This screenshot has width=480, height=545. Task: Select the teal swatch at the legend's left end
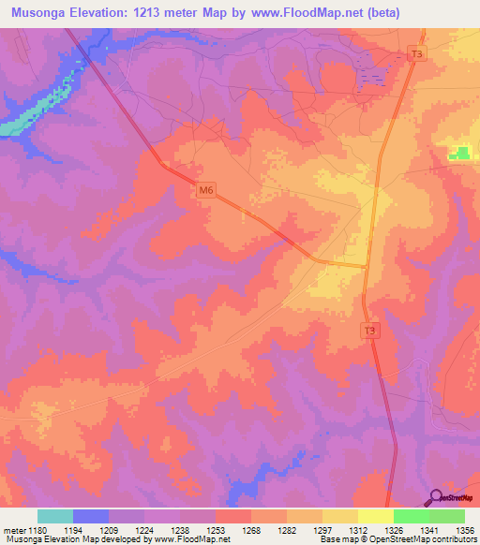click(x=55, y=516)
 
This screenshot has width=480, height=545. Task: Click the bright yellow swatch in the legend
click(x=375, y=516)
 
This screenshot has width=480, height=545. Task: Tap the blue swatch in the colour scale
click(x=91, y=516)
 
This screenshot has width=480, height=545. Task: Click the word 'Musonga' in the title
click(x=38, y=13)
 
